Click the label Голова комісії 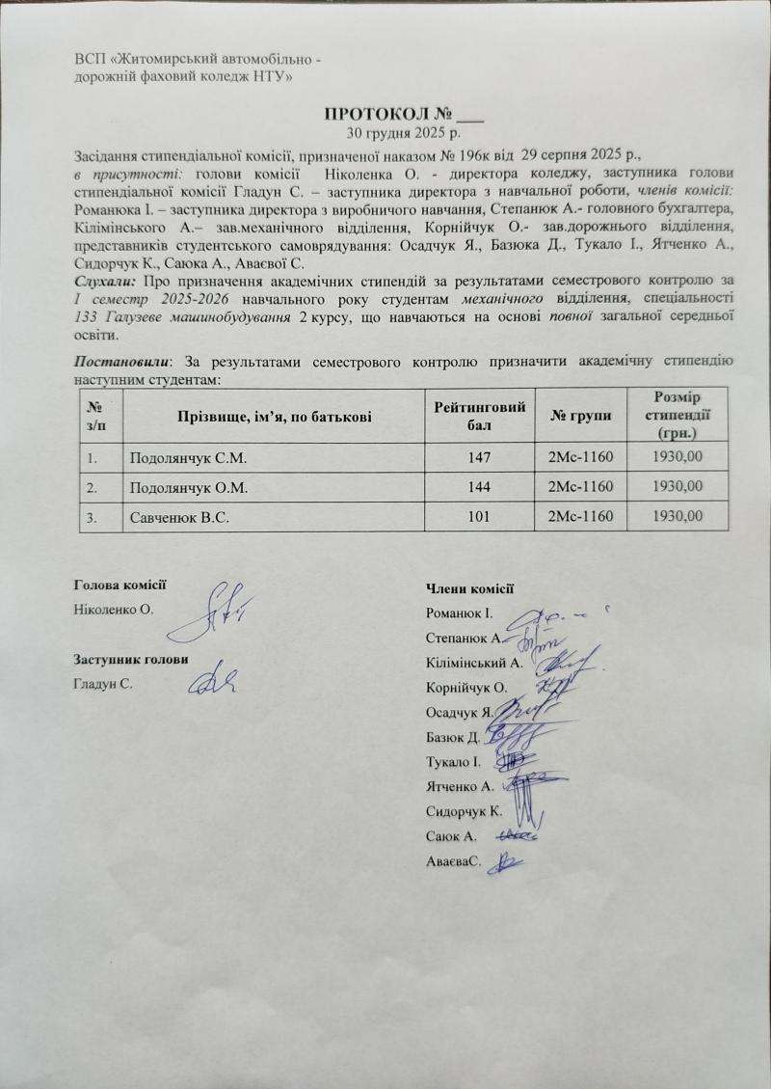pos(120,584)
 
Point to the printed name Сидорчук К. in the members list pos(463,811)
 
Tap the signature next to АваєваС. pos(510,861)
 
